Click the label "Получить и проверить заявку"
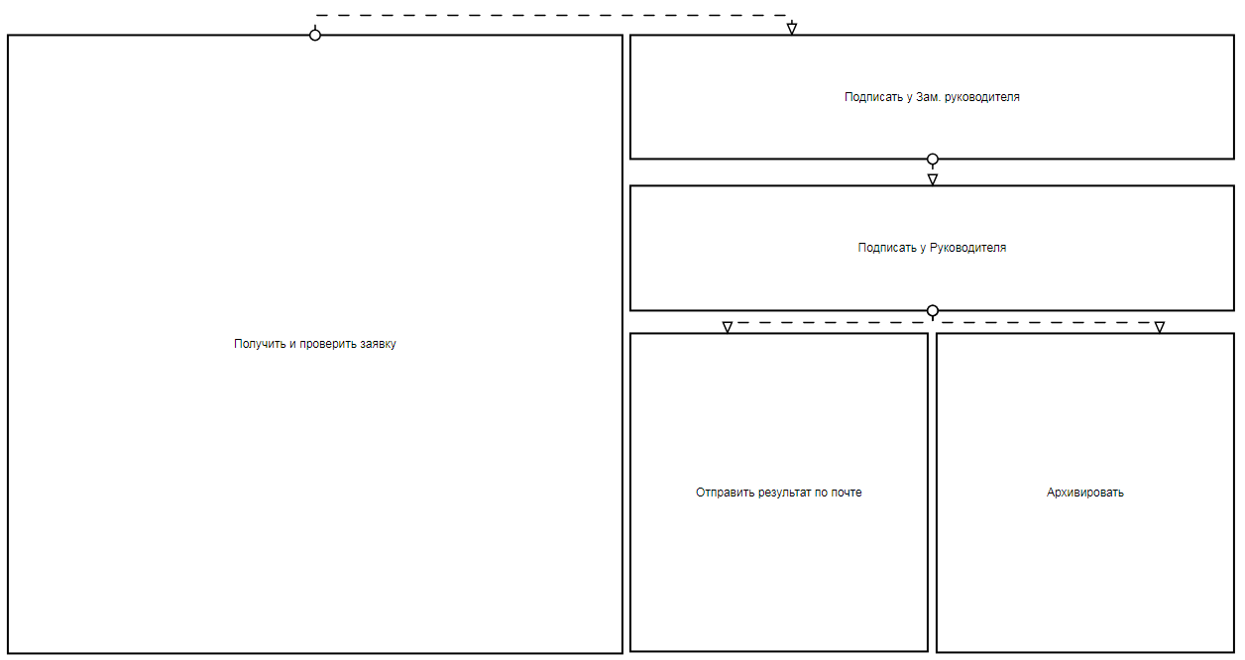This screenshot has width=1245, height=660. coord(315,344)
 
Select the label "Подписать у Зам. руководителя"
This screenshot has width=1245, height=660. coord(932,97)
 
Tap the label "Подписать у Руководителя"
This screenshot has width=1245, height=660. coord(932,248)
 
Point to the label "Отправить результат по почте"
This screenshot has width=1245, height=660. coord(779,493)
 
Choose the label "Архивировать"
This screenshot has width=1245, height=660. coord(1085,493)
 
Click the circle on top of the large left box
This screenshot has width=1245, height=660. coord(315,35)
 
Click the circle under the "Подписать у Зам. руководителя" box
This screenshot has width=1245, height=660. coord(933,159)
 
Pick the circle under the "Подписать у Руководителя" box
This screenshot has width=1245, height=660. coord(933,310)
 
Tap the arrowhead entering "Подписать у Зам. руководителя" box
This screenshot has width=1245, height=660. coord(791,29)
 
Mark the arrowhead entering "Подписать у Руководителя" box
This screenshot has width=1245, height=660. coord(933,179)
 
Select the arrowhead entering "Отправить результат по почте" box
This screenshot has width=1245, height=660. coord(728,327)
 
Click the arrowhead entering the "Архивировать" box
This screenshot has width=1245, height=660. coord(1160,327)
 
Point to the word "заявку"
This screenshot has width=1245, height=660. coord(377,344)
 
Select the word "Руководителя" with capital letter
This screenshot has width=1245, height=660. coord(968,248)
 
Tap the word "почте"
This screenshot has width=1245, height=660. coord(846,493)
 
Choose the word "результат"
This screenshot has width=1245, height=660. coord(785,493)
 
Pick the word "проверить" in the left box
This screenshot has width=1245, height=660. coord(327,344)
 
